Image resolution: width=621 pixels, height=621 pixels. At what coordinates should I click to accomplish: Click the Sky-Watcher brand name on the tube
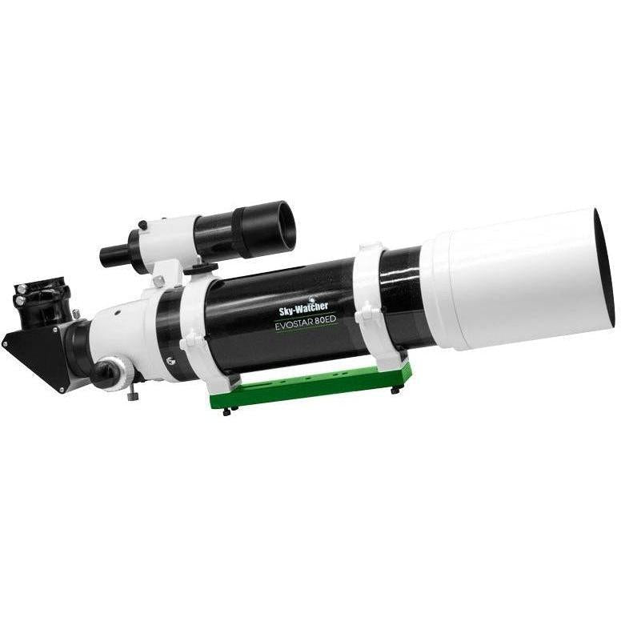(304, 307)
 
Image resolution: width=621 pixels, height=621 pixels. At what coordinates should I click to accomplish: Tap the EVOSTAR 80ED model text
(306, 323)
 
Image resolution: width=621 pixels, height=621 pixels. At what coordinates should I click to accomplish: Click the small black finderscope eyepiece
(115, 253)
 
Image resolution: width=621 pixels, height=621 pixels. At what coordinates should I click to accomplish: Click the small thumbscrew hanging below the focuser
(131, 395)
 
